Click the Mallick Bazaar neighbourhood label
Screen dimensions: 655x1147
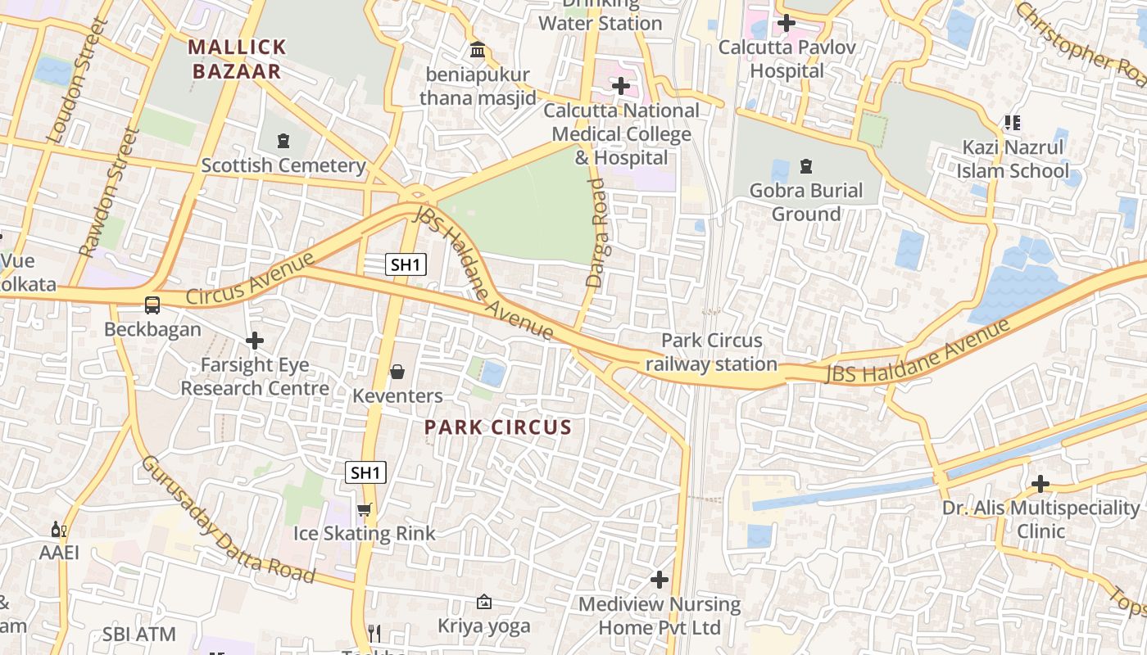click(x=238, y=59)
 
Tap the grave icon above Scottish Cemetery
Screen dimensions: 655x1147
click(x=283, y=141)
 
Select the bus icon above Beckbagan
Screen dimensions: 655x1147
click(x=152, y=305)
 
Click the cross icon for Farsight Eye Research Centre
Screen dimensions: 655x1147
click(x=255, y=340)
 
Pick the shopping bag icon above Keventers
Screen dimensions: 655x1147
click(x=397, y=373)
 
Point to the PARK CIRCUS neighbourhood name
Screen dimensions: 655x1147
click(x=498, y=427)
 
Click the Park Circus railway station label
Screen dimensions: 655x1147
click(x=711, y=352)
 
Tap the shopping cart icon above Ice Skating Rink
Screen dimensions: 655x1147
click(x=365, y=510)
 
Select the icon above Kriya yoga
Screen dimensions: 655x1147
click(x=484, y=603)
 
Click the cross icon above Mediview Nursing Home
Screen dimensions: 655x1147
click(x=660, y=580)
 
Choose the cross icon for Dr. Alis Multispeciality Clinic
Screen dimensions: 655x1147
click(x=1040, y=484)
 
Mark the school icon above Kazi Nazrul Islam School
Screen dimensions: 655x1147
click(x=1013, y=123)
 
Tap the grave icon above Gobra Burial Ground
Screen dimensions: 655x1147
click(x=806, y=166)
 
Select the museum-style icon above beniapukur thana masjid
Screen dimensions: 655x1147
click(x=478, y=51)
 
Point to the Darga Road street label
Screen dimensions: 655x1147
click(x=596, y=233)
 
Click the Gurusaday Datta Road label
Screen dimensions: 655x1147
click(x=227, y=520)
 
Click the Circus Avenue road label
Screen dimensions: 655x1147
click(x=250, y=279)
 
